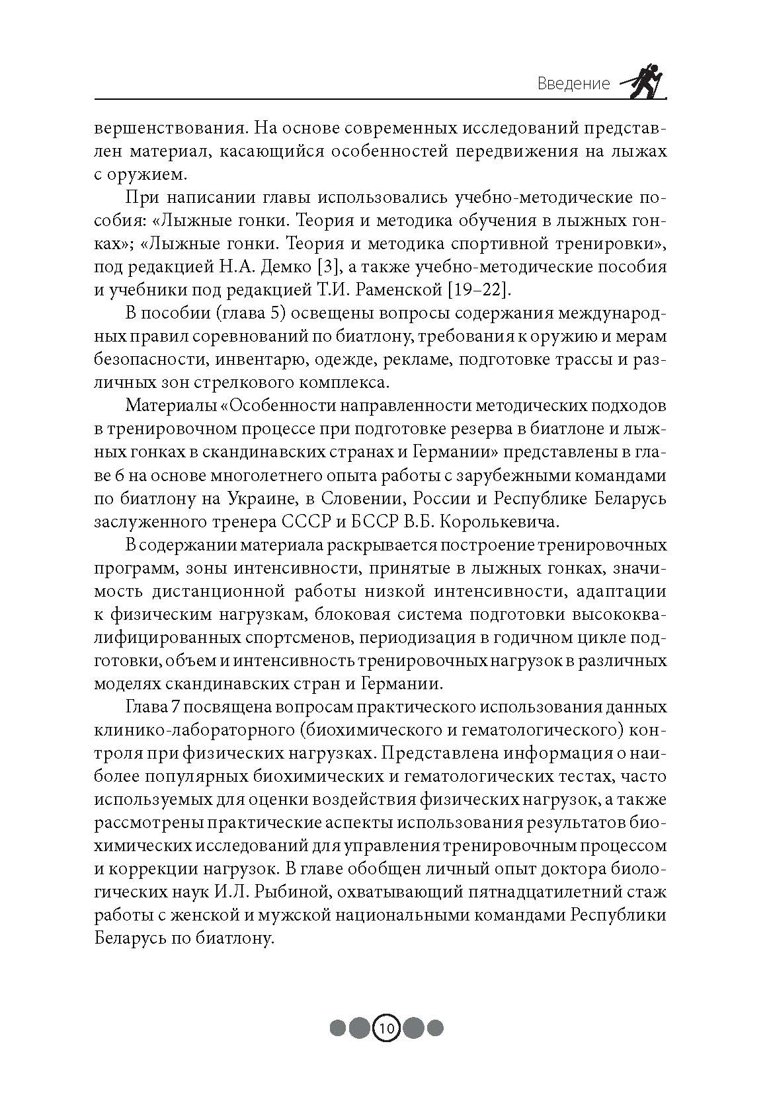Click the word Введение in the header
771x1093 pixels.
point(573,84)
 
